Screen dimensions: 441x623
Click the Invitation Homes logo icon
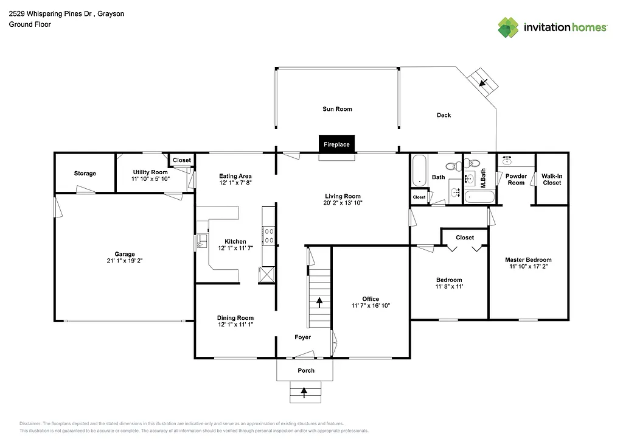coord(509,27)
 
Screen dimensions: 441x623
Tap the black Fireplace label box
coord(336,144)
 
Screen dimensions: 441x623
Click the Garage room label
coord(125,254)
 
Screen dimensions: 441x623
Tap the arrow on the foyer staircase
coord(319,301)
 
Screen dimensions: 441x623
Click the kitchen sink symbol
coord(200,242)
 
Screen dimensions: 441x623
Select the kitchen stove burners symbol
coord(268,236)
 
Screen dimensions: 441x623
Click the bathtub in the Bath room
coord(419,171)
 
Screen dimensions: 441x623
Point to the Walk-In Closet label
coord(552,179)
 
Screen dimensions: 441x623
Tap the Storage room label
coord(85,174)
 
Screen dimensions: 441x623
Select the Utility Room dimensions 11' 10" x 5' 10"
coord(150,179)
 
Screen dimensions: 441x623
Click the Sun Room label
coord(337,109)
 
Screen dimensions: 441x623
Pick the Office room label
coord(371,298)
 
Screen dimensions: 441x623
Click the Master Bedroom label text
coord(528,260)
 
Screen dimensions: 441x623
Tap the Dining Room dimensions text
coord(235,325)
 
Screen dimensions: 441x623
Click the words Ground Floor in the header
coord(30,24)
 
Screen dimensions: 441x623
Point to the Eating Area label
coord(235,176)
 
